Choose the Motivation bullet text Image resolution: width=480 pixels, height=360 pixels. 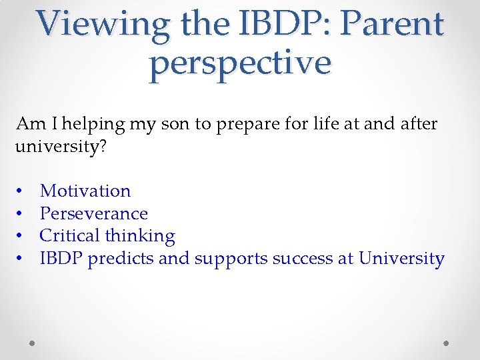[x=85, y=191]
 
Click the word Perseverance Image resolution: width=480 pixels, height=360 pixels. [x=94, y=213]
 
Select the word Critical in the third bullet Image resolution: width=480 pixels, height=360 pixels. [x=69, y=236]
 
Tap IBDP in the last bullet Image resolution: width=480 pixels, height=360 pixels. [x=61, y=259]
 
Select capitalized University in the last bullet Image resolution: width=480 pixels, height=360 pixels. [x=401, y=259]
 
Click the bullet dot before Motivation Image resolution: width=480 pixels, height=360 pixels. [x=21, y=191]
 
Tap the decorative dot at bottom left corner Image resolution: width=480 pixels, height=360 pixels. [x=32, y=343]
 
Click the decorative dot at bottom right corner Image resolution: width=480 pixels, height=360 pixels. [x=447, y=343]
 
